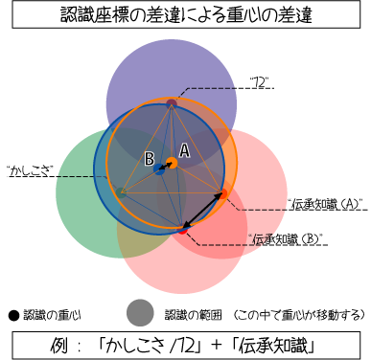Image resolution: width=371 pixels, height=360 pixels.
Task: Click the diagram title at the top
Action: [185, 16]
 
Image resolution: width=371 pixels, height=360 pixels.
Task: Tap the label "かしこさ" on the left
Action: [30, 171]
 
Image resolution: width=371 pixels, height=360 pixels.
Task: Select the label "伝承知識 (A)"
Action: [322, 203]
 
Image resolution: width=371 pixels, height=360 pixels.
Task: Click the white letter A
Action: [184, 150]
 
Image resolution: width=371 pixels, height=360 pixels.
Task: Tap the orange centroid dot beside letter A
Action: [172, 162]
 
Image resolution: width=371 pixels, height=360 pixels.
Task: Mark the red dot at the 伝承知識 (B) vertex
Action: [182, 229]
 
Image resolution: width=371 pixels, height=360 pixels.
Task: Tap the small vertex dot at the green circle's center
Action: [122, 193]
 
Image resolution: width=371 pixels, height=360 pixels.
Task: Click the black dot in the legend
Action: [13, 313]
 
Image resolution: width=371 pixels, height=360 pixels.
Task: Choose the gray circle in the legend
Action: [140, 312]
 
